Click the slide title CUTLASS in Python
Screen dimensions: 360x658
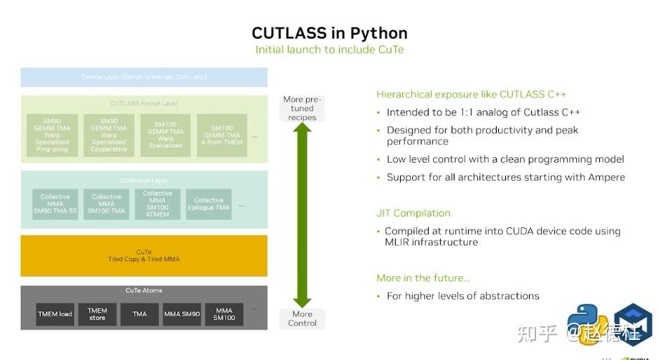pyautogui.click(x=329, y=33)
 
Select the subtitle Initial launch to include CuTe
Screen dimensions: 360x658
pyautogui.click(x=329, y=49)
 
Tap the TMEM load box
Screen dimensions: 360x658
pyautogui.click(x=55, y=314)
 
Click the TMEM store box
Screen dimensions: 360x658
pyautogui.click(x=97, y=314)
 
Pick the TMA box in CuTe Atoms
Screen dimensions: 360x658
pyautogui.click(x=140, y=314)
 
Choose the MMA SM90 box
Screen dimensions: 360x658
pyautogui.click(x=182, y=314)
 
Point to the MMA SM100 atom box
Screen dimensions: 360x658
pyautogui.click(x=224, y=314)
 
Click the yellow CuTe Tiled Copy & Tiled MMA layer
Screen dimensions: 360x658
pyautogui.click(x=143, y=255)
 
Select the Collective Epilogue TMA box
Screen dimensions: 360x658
pyautogui.click(x=209, y=204)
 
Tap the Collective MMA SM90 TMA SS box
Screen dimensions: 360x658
pyautogui.click(x=55, y=204)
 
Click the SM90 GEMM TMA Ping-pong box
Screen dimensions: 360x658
pyautogui.click(x=52, y=136)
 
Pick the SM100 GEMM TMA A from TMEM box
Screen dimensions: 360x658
pyautogui.click(x=222, y=136)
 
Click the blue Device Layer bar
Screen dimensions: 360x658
pyautogui.click(x=143, y=77)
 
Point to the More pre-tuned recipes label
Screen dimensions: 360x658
pyautogui.click(x=302, y=108)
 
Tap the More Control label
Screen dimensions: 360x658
pyautogui.click(x=302, y=318)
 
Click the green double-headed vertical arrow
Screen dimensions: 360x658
pyautogui.click(x=302, y=215)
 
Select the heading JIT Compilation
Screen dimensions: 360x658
pyautogui.click(x=413, y=213)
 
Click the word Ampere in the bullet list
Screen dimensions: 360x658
pyautogui.click(x=606, y=177)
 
